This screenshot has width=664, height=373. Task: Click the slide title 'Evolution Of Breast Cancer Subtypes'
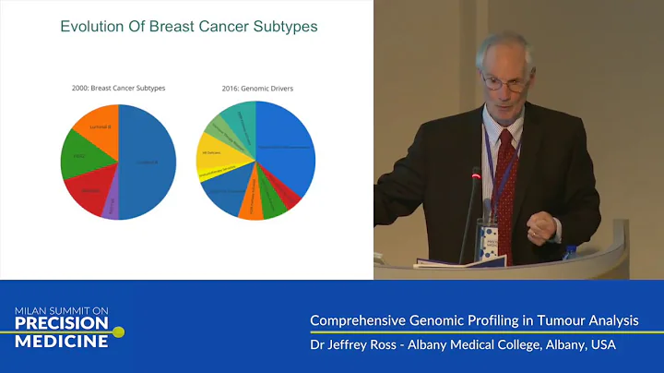point(189,27)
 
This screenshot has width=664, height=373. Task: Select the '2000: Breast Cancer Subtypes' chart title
point(117,88)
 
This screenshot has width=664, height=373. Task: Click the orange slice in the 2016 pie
point(250,207)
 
